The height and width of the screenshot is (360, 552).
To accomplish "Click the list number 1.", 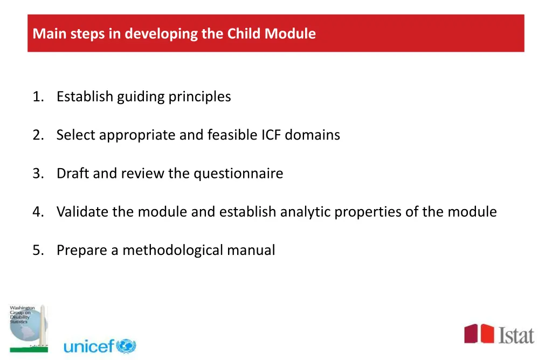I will (37, 97).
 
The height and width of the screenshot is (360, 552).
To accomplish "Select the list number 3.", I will (37, 174).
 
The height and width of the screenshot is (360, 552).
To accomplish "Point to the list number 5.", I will (37, 251).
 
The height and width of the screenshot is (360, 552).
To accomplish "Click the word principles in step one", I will (199, 97).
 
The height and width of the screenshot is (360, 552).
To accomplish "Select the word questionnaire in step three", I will (238, 174).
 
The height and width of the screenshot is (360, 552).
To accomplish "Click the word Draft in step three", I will (73, 174).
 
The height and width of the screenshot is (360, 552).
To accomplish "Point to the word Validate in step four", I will (82, 212).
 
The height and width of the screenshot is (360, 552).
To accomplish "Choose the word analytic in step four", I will (305, 212).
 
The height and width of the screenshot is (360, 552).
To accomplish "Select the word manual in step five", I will (251, 251).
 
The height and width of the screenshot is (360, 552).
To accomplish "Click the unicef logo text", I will (89, 346).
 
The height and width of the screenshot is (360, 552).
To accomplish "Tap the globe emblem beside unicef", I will (126, 346).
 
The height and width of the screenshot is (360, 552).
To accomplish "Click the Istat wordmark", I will (516, 335).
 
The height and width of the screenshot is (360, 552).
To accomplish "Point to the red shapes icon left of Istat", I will (479, 334).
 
